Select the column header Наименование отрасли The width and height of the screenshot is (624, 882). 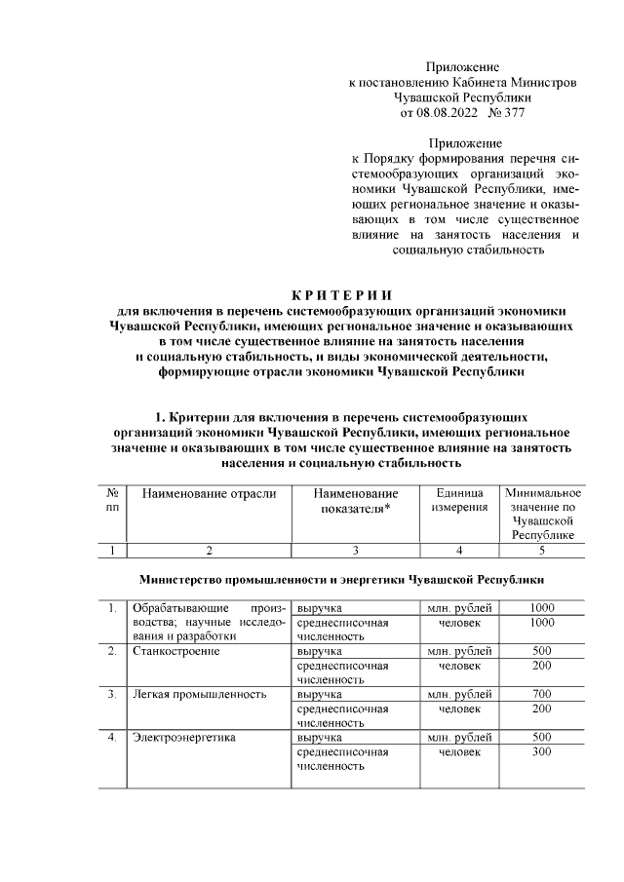[210, 494]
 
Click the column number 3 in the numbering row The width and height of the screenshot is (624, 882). [356, 551]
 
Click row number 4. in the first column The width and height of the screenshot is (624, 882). [113, 738]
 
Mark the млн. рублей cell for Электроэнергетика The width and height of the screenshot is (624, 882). [459, 738]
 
